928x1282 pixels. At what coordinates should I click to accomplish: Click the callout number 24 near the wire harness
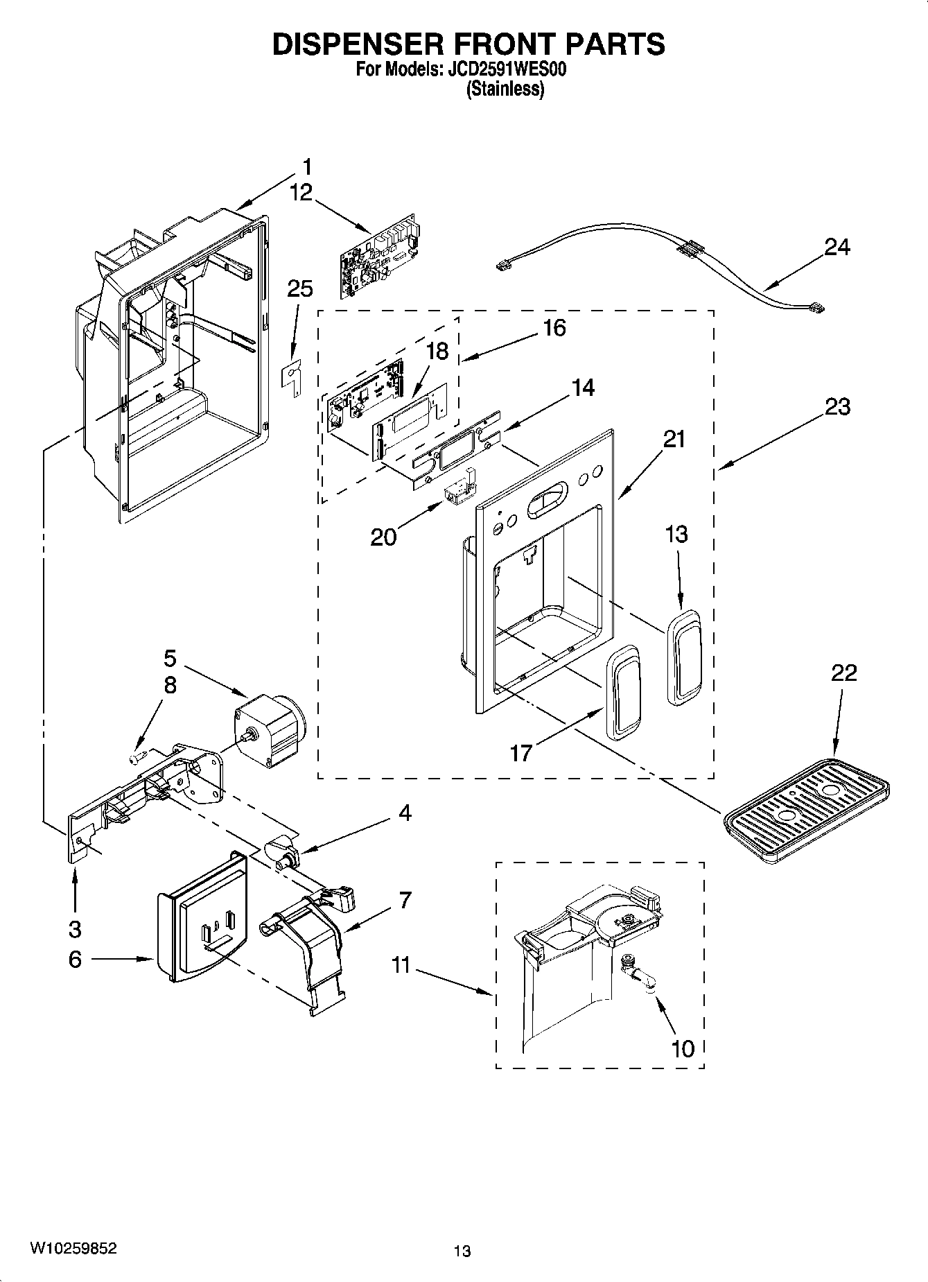[x=837, y=247]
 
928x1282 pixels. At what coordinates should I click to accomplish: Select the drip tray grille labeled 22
[x=806, y=811]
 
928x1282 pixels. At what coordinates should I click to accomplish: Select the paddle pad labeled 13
[x=685, y=655]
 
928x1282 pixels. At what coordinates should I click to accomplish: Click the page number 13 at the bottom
[x=462, y=1251]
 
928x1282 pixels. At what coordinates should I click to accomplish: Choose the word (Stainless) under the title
[x=505, y=89]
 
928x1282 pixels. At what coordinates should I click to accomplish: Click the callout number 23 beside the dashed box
[x=837, y=406]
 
